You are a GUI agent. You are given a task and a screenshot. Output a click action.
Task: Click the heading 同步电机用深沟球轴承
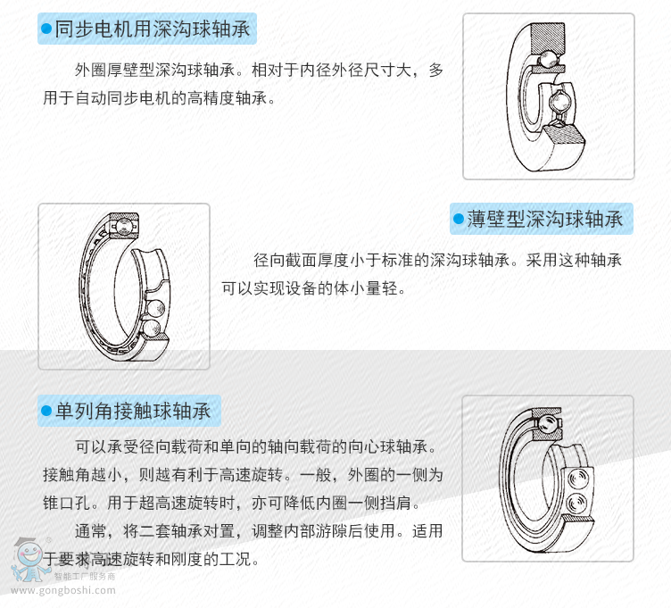point(153,29)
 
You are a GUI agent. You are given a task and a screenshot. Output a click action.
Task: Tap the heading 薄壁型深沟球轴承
point(545,220)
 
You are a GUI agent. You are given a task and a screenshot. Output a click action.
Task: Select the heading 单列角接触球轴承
point(133,411)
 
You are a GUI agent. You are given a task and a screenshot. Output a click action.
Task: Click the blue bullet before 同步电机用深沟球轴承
point(46,29)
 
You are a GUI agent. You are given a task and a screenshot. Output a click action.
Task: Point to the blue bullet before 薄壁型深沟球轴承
point(459,220)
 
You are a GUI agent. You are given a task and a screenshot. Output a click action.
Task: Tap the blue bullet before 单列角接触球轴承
point(46,411)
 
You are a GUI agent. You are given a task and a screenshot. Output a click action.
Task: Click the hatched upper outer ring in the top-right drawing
point(547,38)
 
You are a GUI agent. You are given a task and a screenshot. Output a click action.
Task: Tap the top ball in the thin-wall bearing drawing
point(124,226)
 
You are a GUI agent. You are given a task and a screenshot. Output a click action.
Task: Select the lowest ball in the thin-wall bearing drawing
point(151,329)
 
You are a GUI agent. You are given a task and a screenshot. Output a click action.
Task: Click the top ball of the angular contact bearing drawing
point(546,424)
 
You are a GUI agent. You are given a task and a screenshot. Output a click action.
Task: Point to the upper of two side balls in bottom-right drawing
point(578,477)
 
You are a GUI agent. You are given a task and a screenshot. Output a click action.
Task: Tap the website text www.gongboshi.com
point(63,590)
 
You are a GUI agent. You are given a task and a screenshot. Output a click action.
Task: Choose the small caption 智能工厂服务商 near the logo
point(85,577)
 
